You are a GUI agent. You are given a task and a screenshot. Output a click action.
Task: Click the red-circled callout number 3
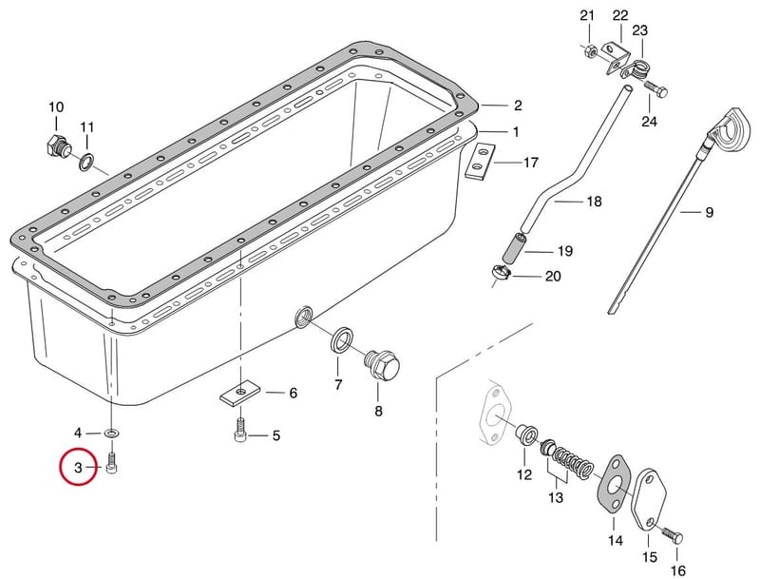[78, 468]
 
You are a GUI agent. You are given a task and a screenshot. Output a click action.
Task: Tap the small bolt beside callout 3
[112, 464]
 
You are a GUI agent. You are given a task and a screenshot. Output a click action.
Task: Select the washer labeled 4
[112, 432]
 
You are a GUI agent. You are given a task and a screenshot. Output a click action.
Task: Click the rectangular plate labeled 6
[240, 392]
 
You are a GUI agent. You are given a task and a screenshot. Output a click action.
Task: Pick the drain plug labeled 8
[383, 367]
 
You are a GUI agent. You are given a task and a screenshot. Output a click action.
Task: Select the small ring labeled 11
[86, 162]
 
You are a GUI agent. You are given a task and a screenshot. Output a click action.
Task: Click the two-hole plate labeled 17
[480, 162]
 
